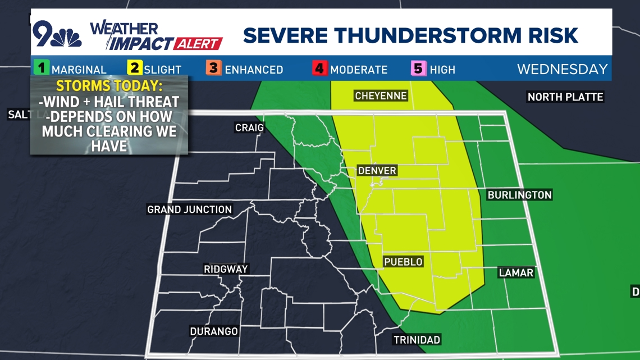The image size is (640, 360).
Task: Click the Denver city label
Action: tap(377, 170)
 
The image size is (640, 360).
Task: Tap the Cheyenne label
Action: tap(381, 96)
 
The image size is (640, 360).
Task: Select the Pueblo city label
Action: tap(403, 262)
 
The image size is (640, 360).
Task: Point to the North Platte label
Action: tap(565, 97)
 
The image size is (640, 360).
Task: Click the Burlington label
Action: tap(519, 195)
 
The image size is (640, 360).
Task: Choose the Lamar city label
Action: tap(515, 272)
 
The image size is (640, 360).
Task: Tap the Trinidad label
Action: tap(416, 339)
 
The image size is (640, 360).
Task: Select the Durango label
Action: tap(214, 331)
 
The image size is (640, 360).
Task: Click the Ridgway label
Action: tap(226, 269)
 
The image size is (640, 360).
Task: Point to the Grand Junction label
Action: tap(189, 209)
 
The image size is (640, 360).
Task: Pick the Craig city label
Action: tap(249, 128)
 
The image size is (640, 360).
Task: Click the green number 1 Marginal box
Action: tap(41, 69)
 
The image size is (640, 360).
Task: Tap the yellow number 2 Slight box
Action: tap(135, 69)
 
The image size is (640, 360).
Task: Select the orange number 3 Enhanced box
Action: tap(213, 69)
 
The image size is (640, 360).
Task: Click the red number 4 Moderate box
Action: tap(319, 69)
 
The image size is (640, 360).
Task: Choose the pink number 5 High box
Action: tap(418, 69)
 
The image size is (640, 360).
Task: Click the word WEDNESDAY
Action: tap(562, 69)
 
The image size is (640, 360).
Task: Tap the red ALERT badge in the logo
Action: tap(198, 43)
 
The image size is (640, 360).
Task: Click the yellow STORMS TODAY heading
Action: tap(109, 86)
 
